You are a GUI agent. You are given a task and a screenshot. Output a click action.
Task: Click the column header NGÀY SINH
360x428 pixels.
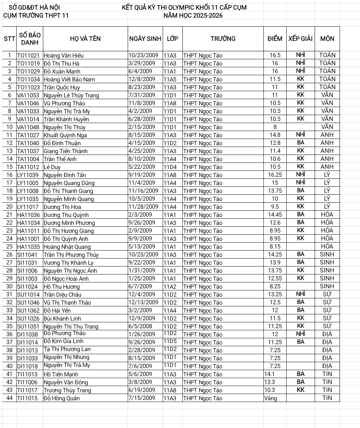(145, 39)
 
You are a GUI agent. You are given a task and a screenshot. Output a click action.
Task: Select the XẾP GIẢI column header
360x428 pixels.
(300, 39)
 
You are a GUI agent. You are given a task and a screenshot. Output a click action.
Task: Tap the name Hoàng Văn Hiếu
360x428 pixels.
(63, 55)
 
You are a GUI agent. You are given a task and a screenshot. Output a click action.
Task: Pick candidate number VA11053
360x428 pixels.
(29, 95)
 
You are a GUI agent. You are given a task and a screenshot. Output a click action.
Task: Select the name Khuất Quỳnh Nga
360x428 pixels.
(65, 135)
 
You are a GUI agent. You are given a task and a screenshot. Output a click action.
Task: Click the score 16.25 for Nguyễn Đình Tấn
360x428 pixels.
(275, 175)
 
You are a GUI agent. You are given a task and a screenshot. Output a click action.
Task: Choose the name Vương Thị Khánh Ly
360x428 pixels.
(69, 263)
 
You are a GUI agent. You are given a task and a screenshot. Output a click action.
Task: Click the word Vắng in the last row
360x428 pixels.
(270, 398)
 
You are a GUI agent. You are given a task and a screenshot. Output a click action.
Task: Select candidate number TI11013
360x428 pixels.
(27, 374)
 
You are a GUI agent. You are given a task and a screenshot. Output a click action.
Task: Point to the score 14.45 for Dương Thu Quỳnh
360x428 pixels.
(275, 215)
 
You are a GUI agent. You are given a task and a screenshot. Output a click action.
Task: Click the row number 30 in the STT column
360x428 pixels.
(10, 287)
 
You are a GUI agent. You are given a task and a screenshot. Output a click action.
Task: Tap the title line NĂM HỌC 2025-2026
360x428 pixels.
(193, 16)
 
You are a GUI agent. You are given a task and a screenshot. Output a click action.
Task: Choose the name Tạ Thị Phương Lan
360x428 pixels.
(67, 349)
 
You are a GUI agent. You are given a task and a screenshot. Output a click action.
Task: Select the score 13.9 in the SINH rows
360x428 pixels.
(275, 263)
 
